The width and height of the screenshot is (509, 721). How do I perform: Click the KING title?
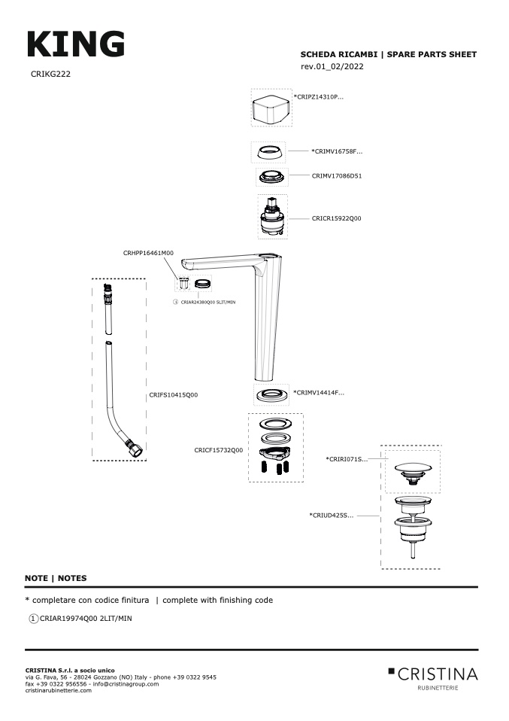(x=76, y=44)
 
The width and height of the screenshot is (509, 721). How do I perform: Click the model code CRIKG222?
(x=50, y=74)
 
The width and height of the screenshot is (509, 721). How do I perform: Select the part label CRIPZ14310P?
(x=319, y=97)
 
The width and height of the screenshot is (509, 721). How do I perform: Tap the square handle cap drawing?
(x=271, y=108)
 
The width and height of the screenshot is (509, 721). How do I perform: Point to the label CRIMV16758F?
(x=337, y=151)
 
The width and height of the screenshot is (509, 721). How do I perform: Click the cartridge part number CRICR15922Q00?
(x=336, y=218)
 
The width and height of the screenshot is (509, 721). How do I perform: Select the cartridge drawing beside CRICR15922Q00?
(x=272, y=217)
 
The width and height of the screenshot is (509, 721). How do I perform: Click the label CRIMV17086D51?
(x=337, y=175)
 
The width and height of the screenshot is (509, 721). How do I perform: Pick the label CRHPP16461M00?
(x=148, y=253)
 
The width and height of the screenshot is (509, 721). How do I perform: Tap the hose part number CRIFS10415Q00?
(x=174, y=395)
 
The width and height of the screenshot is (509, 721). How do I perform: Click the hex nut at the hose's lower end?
(x=135, y=449)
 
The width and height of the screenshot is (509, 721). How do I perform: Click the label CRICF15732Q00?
(x=219, y=450)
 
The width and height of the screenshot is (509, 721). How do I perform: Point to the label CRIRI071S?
(x=347, y=459)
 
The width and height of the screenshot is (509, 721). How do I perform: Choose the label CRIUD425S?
(x=332, y=516)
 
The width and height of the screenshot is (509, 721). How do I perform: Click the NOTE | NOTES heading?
(x=56, y=579)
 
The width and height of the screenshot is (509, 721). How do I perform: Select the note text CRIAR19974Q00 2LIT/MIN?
(x=86, y=619)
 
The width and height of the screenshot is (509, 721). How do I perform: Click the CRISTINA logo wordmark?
(x=438, y=674)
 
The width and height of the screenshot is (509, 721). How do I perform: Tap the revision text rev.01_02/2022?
(x=332, y=67)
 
